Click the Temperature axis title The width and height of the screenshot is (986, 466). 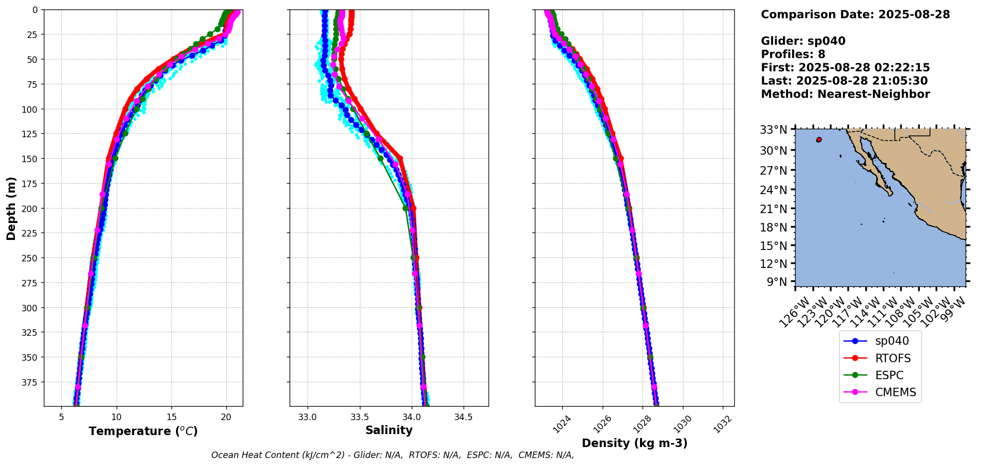(143, 431)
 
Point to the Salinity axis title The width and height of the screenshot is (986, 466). (389, 430)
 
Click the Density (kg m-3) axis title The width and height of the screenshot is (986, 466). (635, 443)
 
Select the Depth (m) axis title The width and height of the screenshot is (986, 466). (11, 208)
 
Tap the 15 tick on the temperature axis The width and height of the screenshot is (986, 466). (171, 417)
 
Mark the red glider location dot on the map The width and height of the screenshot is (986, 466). (819, 140)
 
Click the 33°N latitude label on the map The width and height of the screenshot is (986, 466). (773, 130)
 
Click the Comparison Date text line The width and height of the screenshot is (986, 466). (855, 14)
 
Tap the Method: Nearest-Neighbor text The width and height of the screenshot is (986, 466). (845, 94)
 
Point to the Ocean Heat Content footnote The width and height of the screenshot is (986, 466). (392, 455)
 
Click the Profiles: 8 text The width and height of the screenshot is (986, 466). (793, 54)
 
